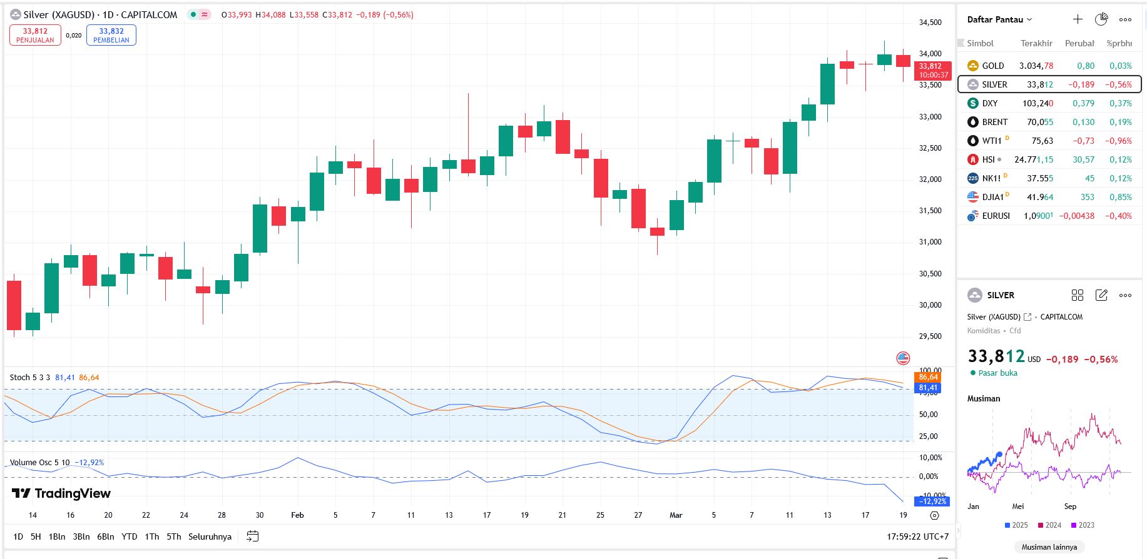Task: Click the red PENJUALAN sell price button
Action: click(x=35, y=35)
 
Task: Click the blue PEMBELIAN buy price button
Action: click(x=111, y=35)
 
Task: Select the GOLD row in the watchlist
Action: click(x=992, y=66)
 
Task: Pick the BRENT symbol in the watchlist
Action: click(x=994, y=122)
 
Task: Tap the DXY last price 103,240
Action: click(x=1037, y=103)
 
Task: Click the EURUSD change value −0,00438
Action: click(x=1076, y=216)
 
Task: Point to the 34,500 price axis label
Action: click(x=930, y=23)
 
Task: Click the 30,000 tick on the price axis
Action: click(x=930, y=305)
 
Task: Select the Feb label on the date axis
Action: click(x=297, y=515)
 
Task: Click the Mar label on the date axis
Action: click(x=676, y=515)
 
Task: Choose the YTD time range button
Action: click(x=130, y=536)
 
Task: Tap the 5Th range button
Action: click(x=174, y=536)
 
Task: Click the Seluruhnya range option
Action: click(x=210, y=536)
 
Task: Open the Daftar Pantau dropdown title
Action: click(x=999, y=19)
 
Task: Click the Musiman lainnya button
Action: click(x=1049, y=547)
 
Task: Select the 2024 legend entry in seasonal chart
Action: click(x=1049, y=525)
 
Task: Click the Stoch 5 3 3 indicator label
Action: click(x=30, y=378)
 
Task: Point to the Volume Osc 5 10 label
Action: click(x=39, y=463)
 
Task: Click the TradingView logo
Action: click(x=61, y=493)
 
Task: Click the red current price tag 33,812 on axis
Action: click(x=932, y=70)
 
